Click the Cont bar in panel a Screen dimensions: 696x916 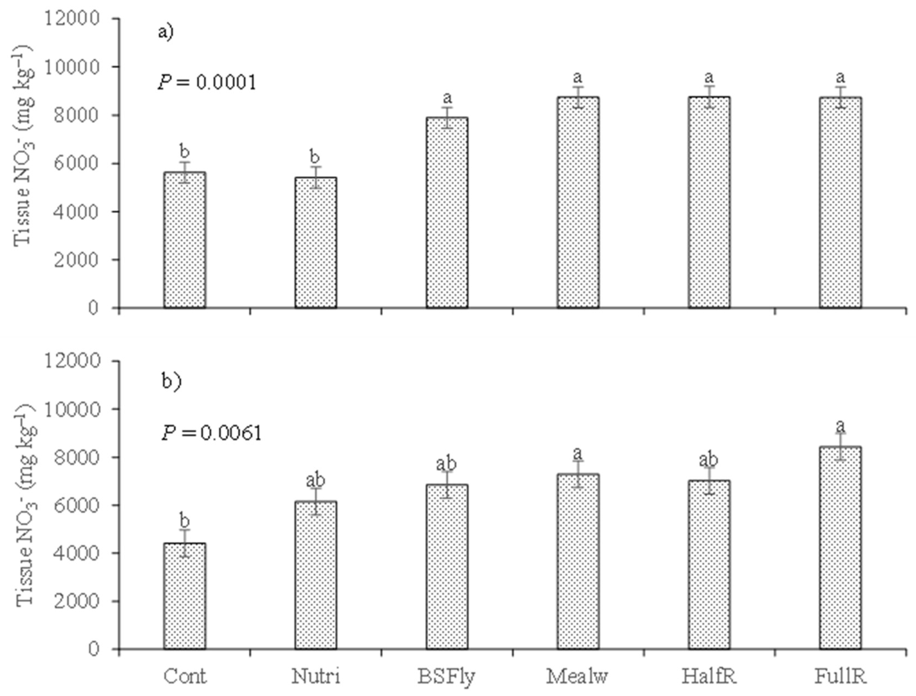(x=184, y=240)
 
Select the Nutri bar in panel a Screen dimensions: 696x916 (x=316, y=243)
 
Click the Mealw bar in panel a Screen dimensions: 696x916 (x=578, y=203)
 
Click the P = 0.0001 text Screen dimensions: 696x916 (x=207, y=82)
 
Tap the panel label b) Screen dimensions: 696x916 (x=171, y=381)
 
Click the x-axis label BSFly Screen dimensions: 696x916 (x=446, y=676)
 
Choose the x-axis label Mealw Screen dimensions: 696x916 (x=577, y=676)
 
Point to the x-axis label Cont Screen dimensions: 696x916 (x=185, y=676)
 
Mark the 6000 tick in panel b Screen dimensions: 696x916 (x=77, y=505)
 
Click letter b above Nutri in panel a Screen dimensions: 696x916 (x=315, y=157)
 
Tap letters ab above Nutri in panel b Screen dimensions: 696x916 (x=315, y=481)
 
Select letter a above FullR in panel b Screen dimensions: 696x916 (x=840, y=426)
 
